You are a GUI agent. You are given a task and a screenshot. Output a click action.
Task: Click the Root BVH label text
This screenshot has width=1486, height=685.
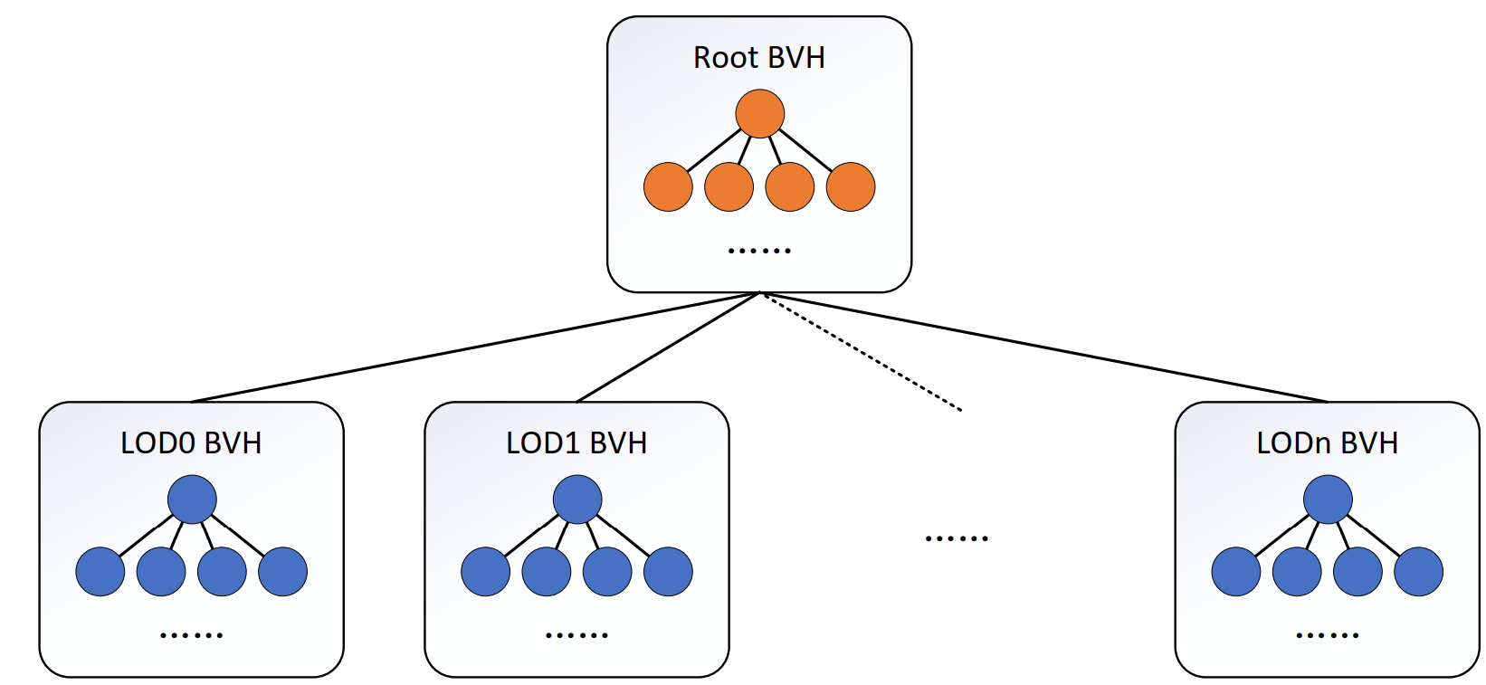(x=758, y=58)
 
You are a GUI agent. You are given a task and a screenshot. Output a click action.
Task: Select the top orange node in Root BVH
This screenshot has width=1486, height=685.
(x=759, y=113)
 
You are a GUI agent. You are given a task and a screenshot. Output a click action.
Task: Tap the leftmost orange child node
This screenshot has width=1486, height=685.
(x=668, y=187)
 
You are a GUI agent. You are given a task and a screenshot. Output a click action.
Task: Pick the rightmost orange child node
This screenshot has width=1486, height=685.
(x=851, y=187)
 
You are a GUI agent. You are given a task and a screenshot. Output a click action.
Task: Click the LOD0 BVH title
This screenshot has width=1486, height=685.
(x=191, y=443)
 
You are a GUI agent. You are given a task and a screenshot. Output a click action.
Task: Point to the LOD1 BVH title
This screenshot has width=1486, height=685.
(x=576, y=443)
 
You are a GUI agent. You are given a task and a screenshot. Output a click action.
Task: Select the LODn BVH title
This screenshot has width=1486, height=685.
(x=1327, y=443)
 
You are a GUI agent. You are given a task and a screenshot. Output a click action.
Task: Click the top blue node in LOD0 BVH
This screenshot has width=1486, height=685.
(x=192, y=499)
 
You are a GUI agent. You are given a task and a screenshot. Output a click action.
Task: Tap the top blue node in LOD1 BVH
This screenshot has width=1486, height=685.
(x=577, y=499)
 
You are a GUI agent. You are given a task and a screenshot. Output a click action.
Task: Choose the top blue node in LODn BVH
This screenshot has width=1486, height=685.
(x=1328, y=499)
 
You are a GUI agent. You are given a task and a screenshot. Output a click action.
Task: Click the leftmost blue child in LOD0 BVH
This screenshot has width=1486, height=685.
(x=100, y=572)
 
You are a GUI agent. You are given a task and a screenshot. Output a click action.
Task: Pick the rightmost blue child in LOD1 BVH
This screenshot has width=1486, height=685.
(x=668, y=572)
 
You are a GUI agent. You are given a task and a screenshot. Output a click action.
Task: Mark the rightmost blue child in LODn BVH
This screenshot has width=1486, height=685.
(x=1418, y=572)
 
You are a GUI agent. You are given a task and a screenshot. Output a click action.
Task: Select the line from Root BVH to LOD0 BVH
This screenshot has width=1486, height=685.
(x=475, y=347)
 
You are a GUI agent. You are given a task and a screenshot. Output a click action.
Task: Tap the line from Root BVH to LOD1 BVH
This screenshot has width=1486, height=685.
(x=667, y=347)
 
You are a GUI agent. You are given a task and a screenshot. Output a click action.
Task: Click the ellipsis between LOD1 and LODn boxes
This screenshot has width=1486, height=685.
(x=957, y=538)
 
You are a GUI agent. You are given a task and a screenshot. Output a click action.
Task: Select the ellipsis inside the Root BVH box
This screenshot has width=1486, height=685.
(x=759, y=250)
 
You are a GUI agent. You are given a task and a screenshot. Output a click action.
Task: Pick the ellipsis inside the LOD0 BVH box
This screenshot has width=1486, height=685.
(x=191, y=635)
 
